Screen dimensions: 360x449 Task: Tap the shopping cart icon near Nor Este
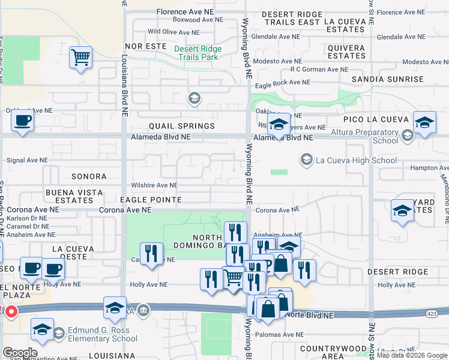pos(80,59)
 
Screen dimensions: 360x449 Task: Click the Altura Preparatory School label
pos(368,136)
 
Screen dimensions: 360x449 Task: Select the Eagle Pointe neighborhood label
pos(151,199)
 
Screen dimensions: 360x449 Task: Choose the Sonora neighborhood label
pos(89,177)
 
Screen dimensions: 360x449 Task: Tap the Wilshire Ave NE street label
pos(155,186)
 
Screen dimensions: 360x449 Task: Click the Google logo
pos(20,353)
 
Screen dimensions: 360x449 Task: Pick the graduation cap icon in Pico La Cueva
pos(424,124)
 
